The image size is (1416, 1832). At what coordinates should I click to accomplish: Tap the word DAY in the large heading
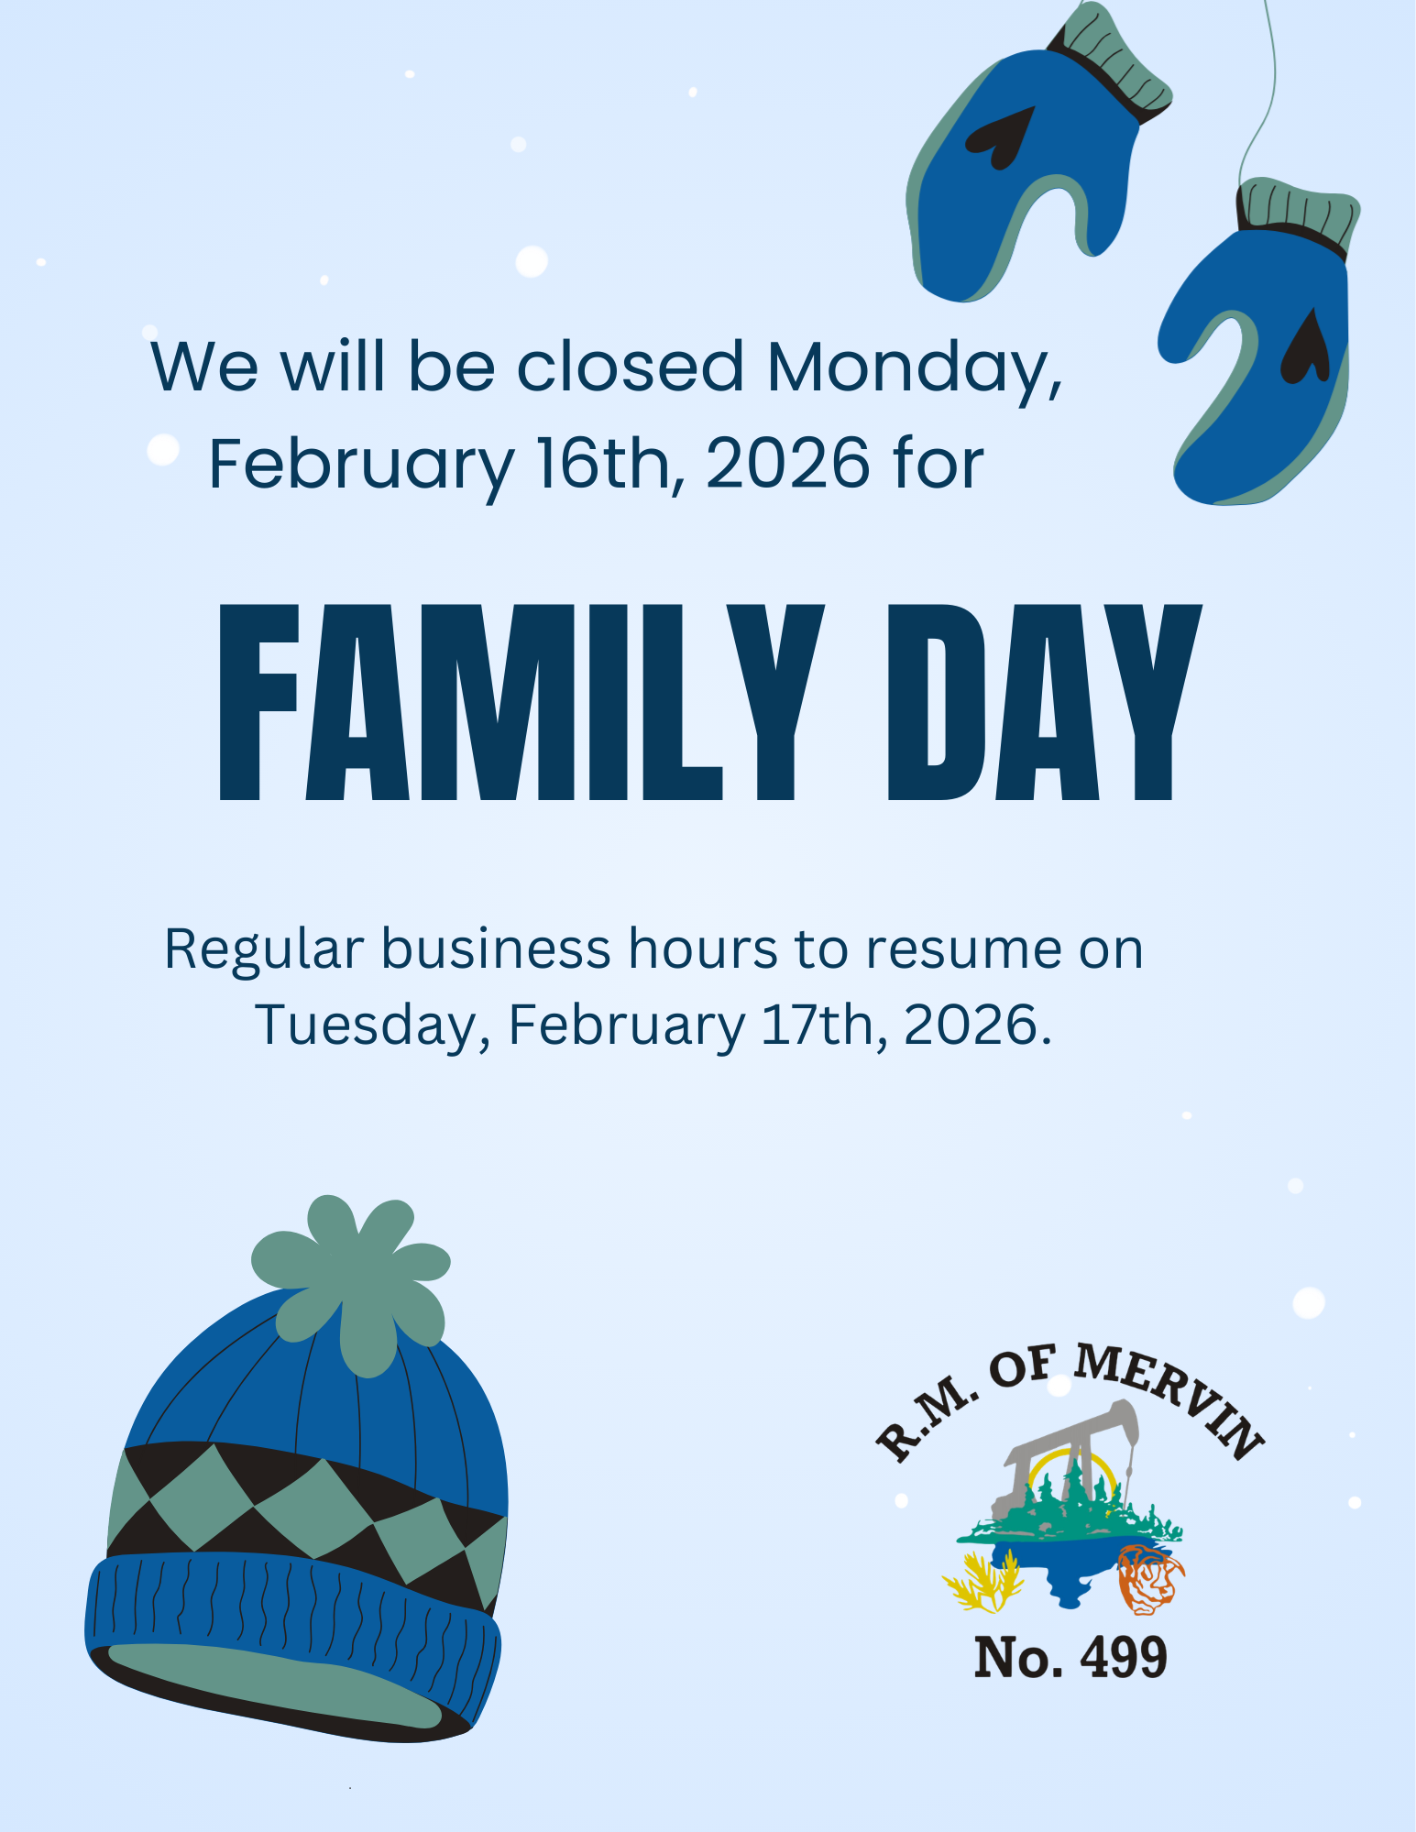click(1044, 702)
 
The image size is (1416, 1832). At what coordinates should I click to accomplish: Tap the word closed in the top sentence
click(631, 367)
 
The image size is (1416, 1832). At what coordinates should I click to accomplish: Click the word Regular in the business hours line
click(264, 949)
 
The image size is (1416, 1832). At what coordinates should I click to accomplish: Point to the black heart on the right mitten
click(1306, 347)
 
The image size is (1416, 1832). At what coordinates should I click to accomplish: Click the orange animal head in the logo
click(1149, 1579)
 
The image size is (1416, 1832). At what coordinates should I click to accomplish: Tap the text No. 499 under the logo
click(1070, 1657)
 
